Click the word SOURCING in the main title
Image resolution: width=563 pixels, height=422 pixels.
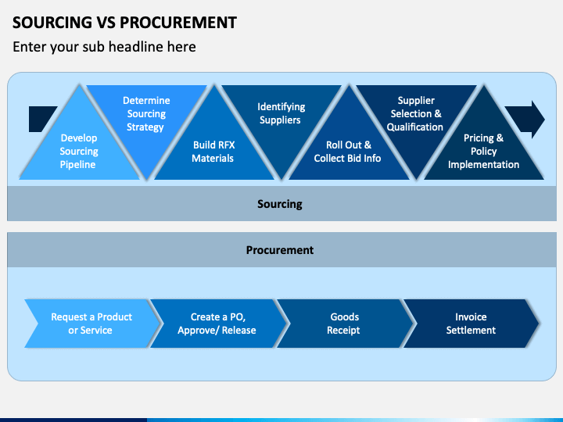(x=52, y=22)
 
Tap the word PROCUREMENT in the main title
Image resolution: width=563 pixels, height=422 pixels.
(x=178, y=22)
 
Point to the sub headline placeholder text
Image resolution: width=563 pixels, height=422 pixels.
(x=104, y=47)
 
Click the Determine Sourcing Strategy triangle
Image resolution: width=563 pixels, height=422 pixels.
(x=146, y=119)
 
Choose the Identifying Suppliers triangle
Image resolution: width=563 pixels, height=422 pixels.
(x=281, y=119)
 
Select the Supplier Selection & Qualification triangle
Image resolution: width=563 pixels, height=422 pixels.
(x=416, y=119)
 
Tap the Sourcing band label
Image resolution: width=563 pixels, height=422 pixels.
(x=280, y=204)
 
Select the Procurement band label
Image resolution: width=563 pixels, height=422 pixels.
(x=280, y=250)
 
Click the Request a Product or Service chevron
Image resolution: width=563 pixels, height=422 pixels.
(x=92, y=324)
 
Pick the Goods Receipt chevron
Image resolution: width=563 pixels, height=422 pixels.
(x=345, y=324)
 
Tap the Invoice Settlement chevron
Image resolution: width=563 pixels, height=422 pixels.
(x=471, y=324)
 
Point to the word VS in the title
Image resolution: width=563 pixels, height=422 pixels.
(x=106, y=22)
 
